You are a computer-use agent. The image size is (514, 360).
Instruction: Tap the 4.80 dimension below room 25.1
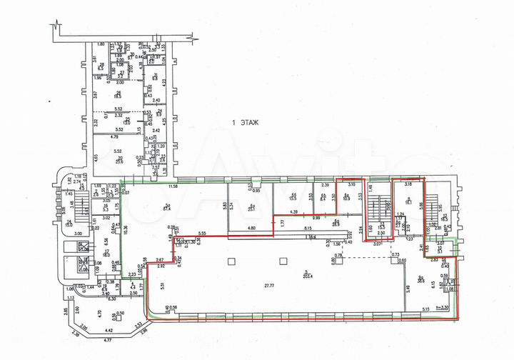251,229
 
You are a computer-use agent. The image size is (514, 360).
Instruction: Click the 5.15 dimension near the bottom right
425,309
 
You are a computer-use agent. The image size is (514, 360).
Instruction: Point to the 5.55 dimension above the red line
202,234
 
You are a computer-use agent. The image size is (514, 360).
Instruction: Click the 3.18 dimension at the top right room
408,184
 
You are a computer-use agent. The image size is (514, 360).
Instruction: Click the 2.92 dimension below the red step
161,265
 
